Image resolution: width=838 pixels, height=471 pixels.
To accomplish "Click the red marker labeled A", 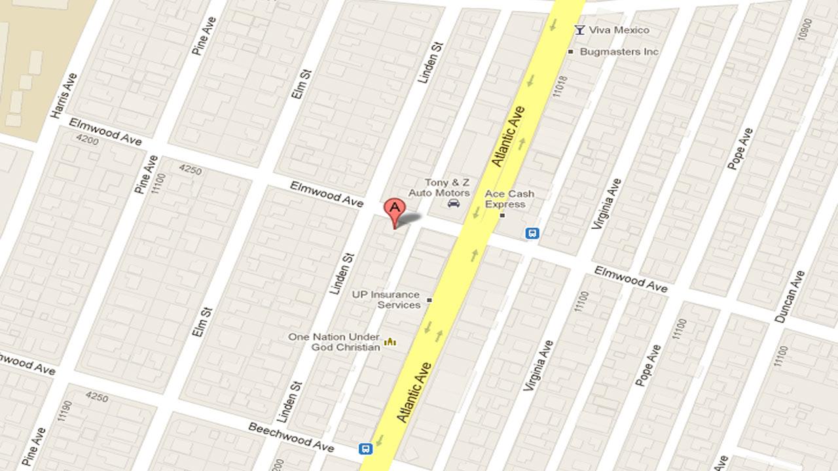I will pos(394,211).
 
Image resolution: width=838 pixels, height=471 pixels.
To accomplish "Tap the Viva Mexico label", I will pos(619,30).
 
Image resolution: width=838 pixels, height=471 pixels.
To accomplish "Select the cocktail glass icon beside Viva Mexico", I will pos(579,29).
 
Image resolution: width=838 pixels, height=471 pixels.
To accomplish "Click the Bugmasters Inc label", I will pos(619,52).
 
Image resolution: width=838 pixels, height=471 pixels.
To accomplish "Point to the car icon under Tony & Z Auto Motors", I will pos(453,204).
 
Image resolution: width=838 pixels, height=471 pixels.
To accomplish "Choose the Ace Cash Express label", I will pos(509,199).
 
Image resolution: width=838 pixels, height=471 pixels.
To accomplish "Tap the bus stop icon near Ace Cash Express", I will pos(532,233).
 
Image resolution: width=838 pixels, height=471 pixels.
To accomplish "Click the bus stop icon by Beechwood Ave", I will pos(365,449).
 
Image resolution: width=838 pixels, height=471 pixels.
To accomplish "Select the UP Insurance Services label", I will pos(386,300).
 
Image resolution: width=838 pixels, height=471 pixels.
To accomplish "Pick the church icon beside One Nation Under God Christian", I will pos(391,341).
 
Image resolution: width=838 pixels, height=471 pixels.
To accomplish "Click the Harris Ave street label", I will pos(64,96).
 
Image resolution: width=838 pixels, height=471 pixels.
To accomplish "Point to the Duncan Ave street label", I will pos(789,296).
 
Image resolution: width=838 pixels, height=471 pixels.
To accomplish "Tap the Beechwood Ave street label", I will pos(291,436).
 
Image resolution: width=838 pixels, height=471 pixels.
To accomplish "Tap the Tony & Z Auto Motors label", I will pos(439,188).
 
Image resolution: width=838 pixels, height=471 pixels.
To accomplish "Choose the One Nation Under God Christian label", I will pos(335,342).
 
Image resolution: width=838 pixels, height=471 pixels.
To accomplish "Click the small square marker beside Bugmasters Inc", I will pos(571,52).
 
